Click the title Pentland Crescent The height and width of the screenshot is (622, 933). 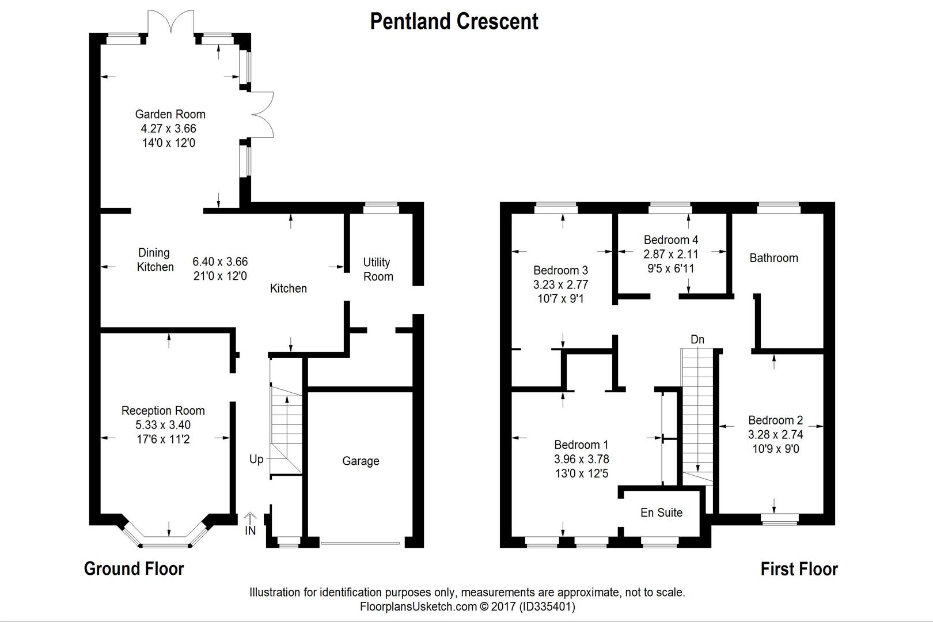[x=454, y=22]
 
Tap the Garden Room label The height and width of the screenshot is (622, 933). [x=170, y=114]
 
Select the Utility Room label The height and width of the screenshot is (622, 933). [x=378, y=269]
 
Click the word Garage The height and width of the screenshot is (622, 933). [x=361, y=461]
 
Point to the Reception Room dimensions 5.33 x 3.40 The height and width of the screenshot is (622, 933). [x=163, y=425]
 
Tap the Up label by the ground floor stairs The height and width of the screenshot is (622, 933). [x=256, y=459]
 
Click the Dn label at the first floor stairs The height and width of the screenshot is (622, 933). [x=697, y=339]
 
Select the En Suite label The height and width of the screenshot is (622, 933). [x=661, y=513]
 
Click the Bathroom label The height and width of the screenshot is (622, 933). [x=773, y=258]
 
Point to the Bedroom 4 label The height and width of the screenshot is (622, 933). [x=671, y=240]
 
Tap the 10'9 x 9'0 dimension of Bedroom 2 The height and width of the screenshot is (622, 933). [x=775, y=449]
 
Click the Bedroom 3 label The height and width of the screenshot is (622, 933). [x=560, y=270]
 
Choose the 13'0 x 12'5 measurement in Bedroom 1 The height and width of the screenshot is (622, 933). [x=581, y=473]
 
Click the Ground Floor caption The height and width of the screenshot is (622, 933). [x=134, y=569]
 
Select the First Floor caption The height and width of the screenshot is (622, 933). [x=799, y=570]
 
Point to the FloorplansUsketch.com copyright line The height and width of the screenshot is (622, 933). [x=467, y=606]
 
